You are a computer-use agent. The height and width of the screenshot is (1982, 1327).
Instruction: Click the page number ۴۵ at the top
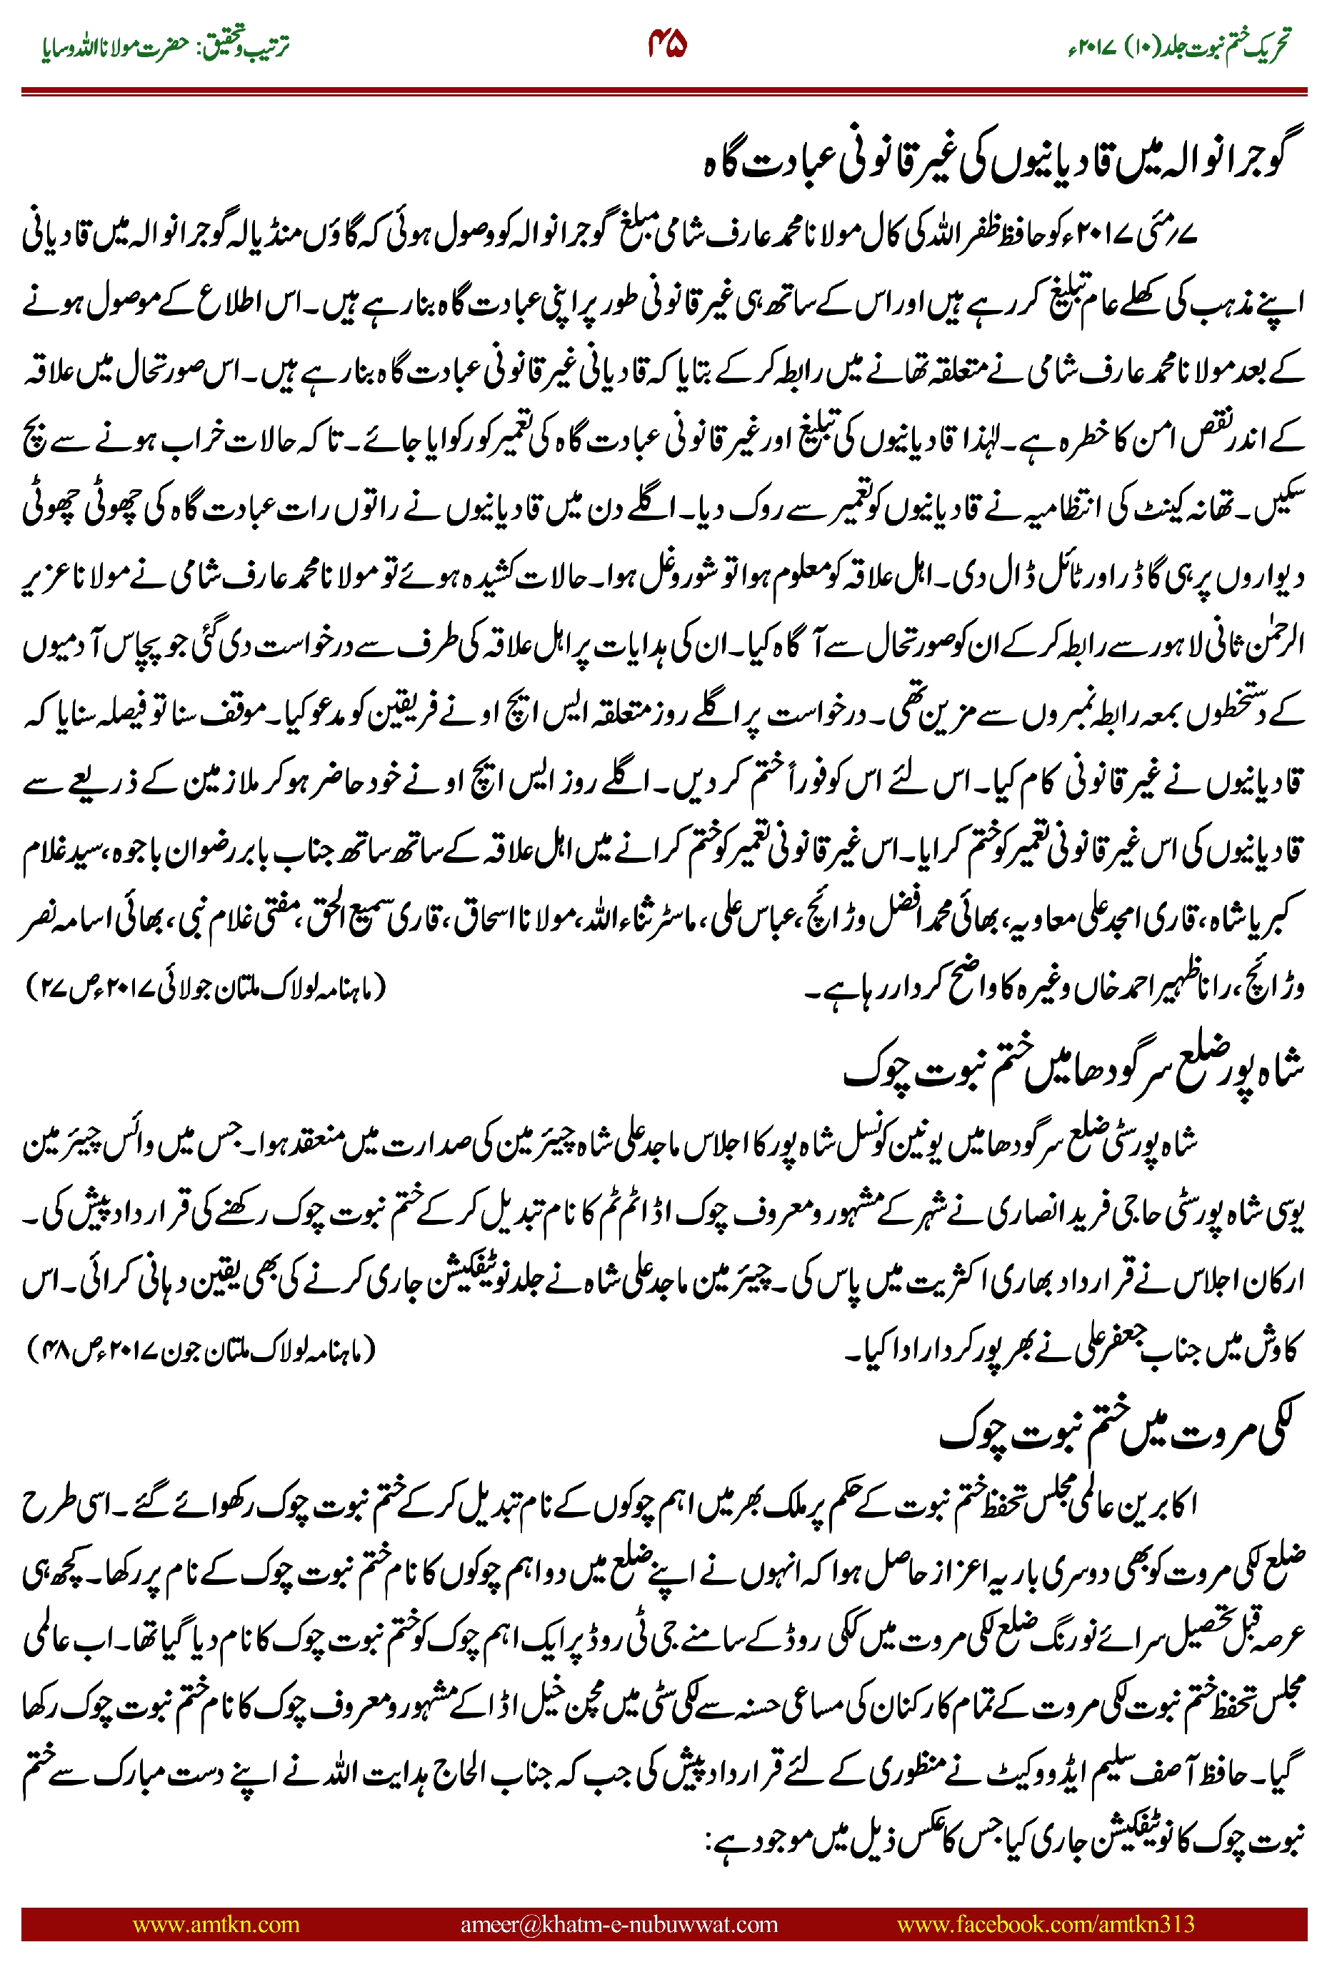click(x=667, y=44)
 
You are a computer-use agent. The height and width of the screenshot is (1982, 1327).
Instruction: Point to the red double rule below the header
click(x=663, y=91)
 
